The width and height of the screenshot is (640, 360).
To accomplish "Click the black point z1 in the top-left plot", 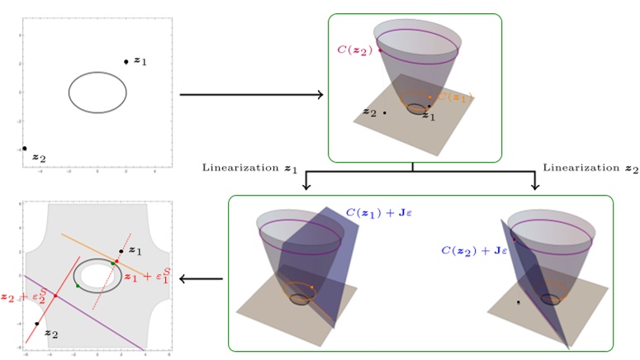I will [126, 62].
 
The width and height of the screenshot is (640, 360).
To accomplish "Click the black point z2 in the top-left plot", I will [25, 149].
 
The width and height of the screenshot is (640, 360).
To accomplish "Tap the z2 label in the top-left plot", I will [39, 158].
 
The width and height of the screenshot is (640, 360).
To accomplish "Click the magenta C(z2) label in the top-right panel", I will [355, 50].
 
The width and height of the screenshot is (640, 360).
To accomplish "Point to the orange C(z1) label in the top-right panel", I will [453, 97].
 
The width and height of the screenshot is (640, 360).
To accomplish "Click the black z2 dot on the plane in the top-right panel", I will [385, 112].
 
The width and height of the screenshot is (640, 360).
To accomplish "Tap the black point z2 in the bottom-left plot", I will [36, 324].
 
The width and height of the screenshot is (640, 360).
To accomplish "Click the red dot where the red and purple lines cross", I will [55, 295].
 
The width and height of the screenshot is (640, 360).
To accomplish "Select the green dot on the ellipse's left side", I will [78, 286].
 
